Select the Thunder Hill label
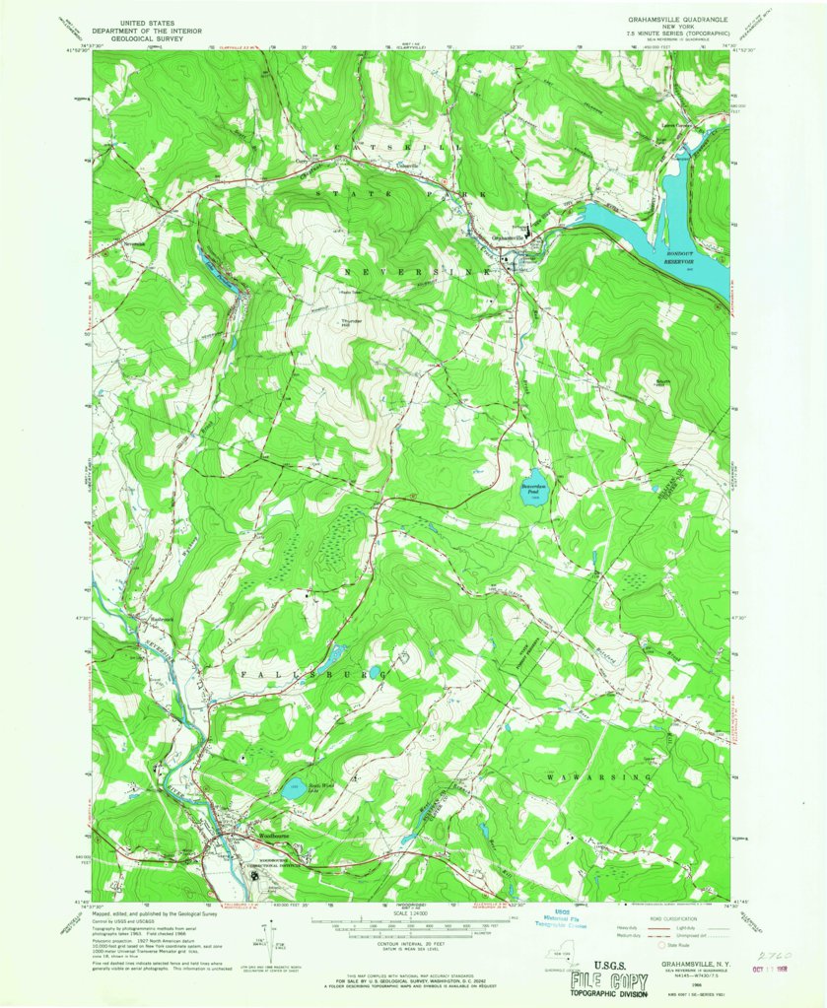[351, 323]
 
